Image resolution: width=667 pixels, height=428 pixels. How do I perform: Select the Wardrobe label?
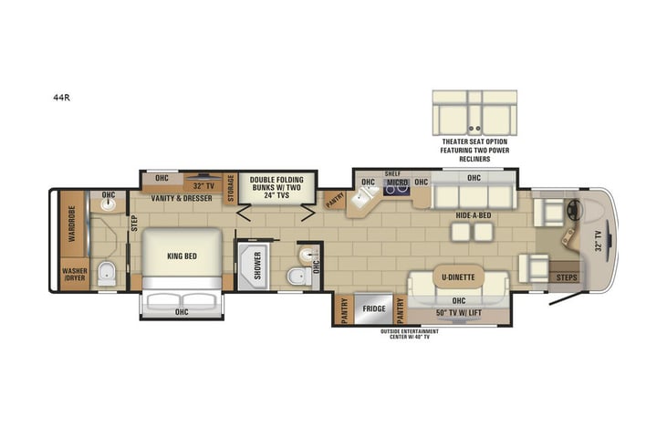[69, 224]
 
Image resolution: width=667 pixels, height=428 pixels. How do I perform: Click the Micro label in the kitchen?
[395, 183]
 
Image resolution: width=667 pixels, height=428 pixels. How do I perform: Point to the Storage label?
[231, 188]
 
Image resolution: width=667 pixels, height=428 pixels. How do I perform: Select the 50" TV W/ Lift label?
[459, 314]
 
